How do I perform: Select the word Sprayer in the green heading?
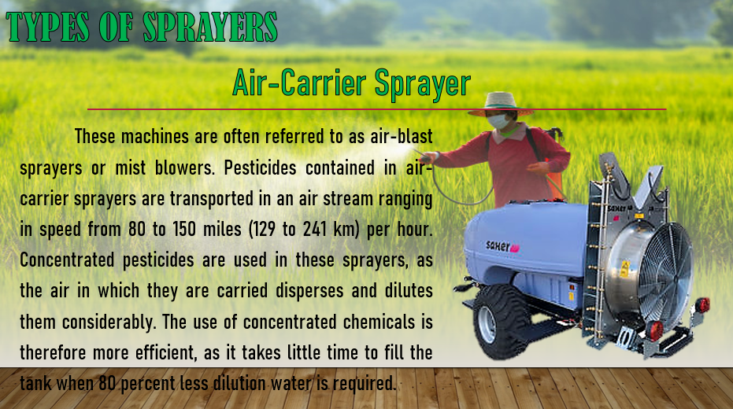[422, 84]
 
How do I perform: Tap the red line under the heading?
[377, 109]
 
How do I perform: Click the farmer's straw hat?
[501, 104]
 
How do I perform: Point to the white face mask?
[498, 121]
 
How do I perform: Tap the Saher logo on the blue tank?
[502, 246]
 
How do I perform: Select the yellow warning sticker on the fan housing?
[625, 269]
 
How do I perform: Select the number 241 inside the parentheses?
[315, 229]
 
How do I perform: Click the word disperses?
[309, 291]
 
